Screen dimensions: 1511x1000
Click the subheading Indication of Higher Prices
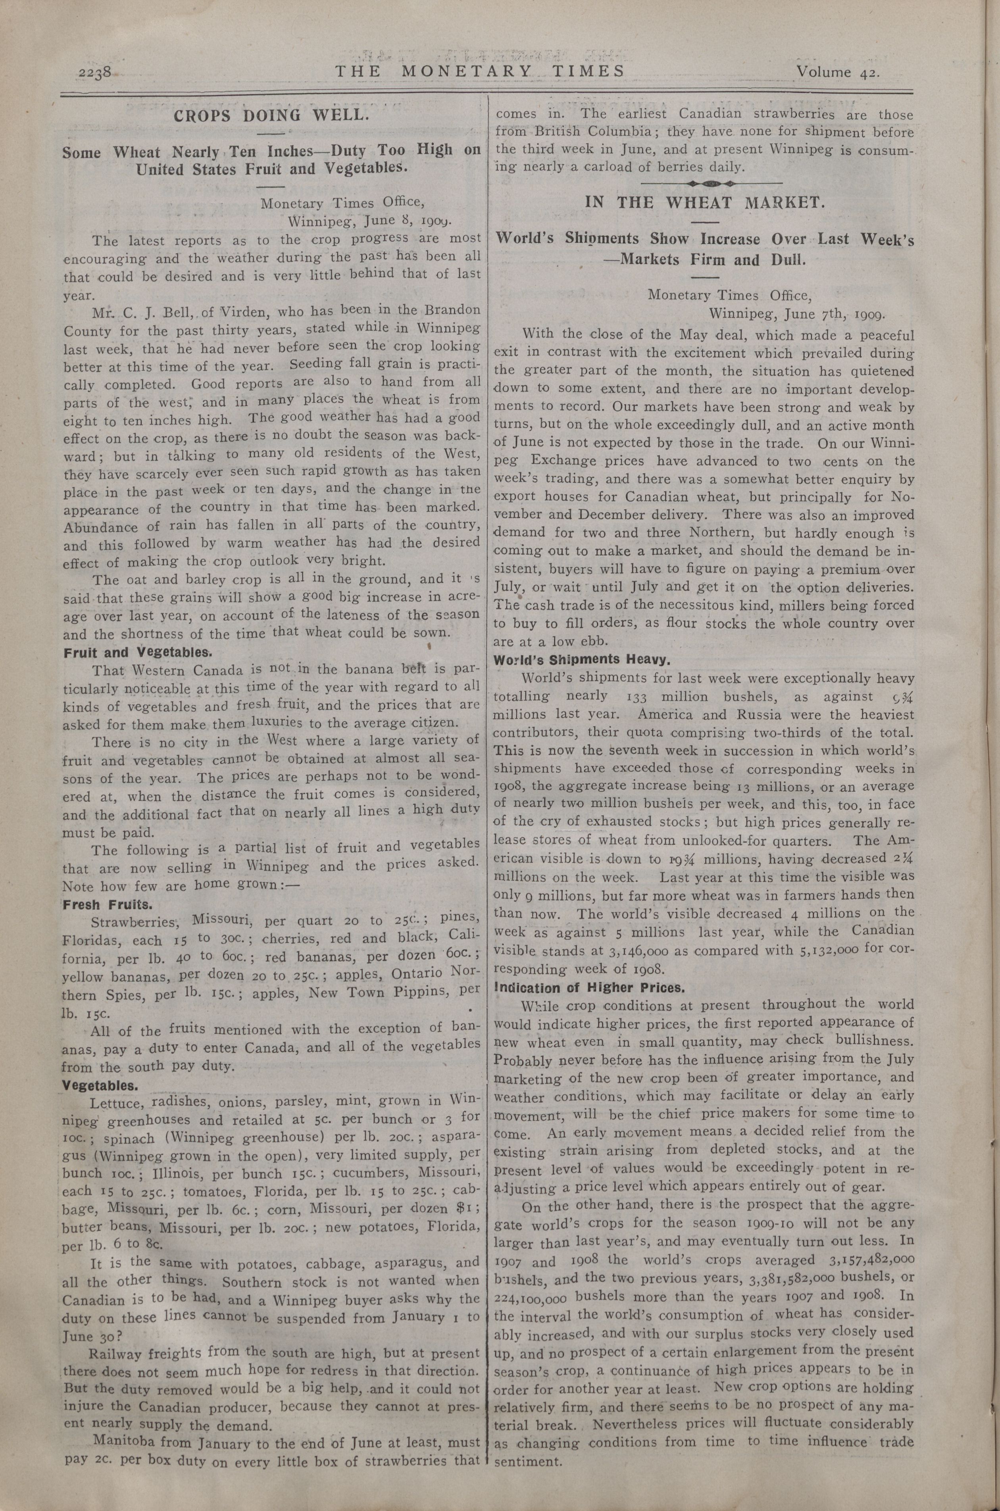(x=589, y=988)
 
